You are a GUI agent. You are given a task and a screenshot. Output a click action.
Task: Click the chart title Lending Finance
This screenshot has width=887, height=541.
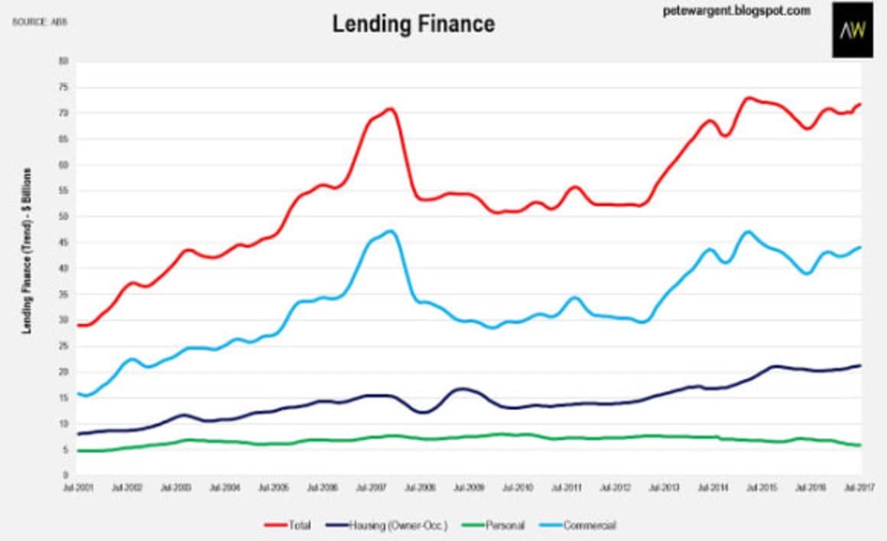click(413, 24)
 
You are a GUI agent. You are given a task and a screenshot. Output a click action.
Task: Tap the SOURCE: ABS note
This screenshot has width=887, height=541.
click(39, 21)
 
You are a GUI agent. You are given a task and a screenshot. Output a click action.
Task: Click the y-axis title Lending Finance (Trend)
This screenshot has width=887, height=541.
click(27, 250)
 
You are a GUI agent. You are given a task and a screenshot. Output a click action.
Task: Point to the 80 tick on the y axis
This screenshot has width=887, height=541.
click(63, 60)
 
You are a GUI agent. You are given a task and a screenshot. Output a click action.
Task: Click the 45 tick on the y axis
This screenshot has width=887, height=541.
click(63, 242)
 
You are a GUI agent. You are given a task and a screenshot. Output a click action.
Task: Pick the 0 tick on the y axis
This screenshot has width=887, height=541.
click(66, 475)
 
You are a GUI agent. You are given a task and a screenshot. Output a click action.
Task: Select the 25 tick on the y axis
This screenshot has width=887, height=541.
click(63, 346)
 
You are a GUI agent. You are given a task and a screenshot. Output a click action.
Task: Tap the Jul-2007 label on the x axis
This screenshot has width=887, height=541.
click(372, 486)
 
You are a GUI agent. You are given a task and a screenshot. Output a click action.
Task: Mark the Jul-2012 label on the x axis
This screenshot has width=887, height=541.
click(616, 486)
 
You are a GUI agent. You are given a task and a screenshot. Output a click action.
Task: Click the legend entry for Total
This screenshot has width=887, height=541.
click(288, 525)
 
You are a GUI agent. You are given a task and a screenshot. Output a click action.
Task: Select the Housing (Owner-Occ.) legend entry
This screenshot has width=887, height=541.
click(393, 525)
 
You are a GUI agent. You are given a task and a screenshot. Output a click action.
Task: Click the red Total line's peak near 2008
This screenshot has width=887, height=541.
click(390, 109)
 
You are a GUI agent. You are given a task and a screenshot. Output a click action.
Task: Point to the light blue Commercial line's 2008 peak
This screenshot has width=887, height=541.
click(392, 231)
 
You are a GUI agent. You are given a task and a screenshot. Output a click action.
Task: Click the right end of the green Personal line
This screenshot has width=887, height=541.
click(860, 445)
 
